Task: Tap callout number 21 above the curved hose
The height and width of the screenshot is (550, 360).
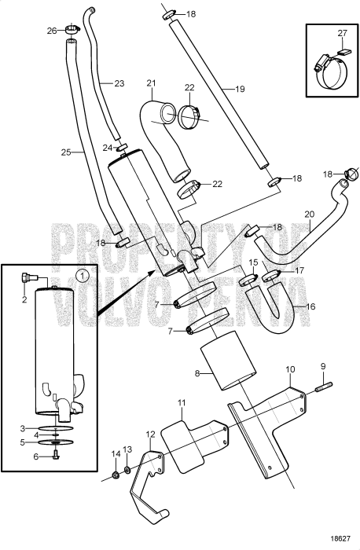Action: (x=152, y=82)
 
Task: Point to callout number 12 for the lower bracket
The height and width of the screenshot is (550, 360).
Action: (x=151, y=433)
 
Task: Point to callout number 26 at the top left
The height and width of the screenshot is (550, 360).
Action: (x=51, y=31)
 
